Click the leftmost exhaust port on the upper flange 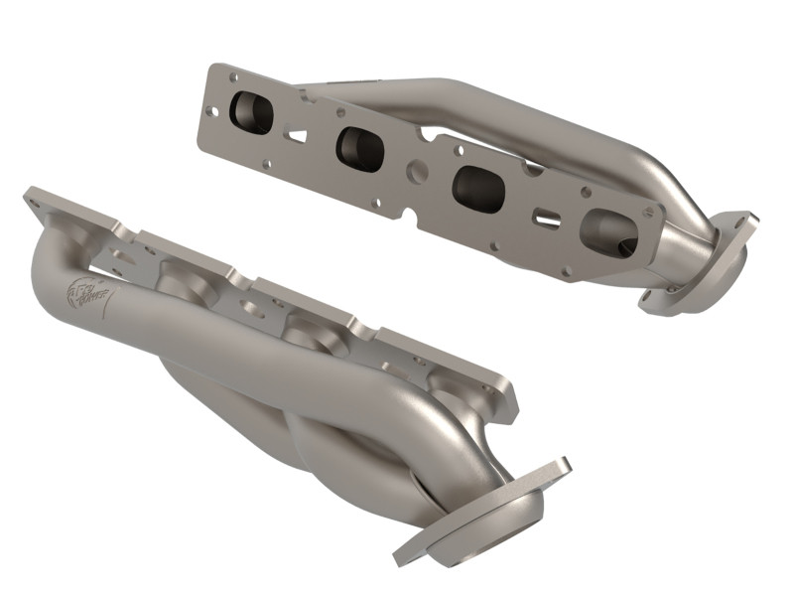point(248,113)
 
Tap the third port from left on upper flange point(473,186)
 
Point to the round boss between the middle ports point(417,171)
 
